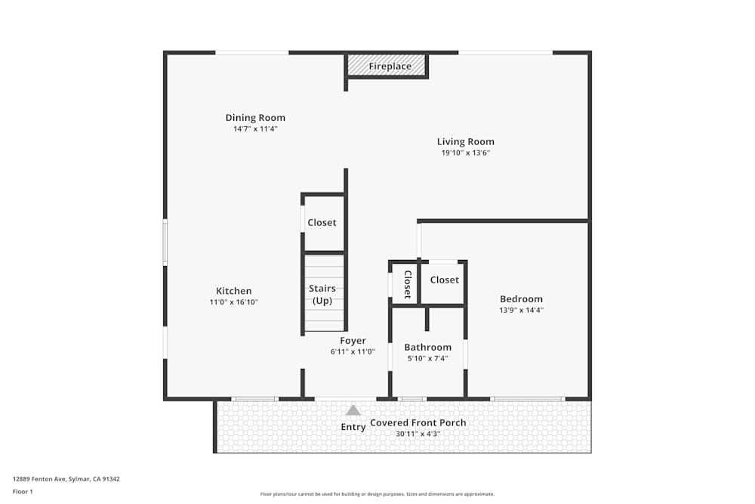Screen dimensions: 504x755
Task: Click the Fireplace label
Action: [x=390, y=66]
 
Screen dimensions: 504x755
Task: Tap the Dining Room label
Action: [x=255, y=118]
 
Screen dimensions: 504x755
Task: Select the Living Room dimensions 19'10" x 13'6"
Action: [x=465, y=153]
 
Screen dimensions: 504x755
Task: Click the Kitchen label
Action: [x=234, y=291]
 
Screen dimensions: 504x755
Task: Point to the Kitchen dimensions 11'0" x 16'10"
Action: [x=234, y=302]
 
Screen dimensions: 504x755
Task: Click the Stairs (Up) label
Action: [x=322, y=295]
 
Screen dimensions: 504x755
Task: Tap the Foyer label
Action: [x=353, y=341]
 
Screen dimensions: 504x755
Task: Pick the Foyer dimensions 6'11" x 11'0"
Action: [x=353, y=351]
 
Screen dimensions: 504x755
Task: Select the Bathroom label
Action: [x=427, y=348]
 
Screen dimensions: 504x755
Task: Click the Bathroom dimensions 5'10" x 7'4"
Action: [x=427, y=358]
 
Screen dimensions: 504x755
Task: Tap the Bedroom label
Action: [x=521, y=299]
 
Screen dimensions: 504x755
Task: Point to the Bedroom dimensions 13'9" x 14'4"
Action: [x=521, y=310]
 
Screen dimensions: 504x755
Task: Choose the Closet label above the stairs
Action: [x=322, y=223]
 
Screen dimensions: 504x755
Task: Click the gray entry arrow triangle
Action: [x=353, y=410]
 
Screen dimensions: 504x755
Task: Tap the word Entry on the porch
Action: [x=353, y=428]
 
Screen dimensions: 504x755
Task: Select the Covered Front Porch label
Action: [x=418, y=423]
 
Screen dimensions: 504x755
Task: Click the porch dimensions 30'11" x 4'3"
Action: [x=418, y=434]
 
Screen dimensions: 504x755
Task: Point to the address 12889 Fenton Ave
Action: [x=66, y=479]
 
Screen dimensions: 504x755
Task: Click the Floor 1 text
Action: [x=23, y=491]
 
